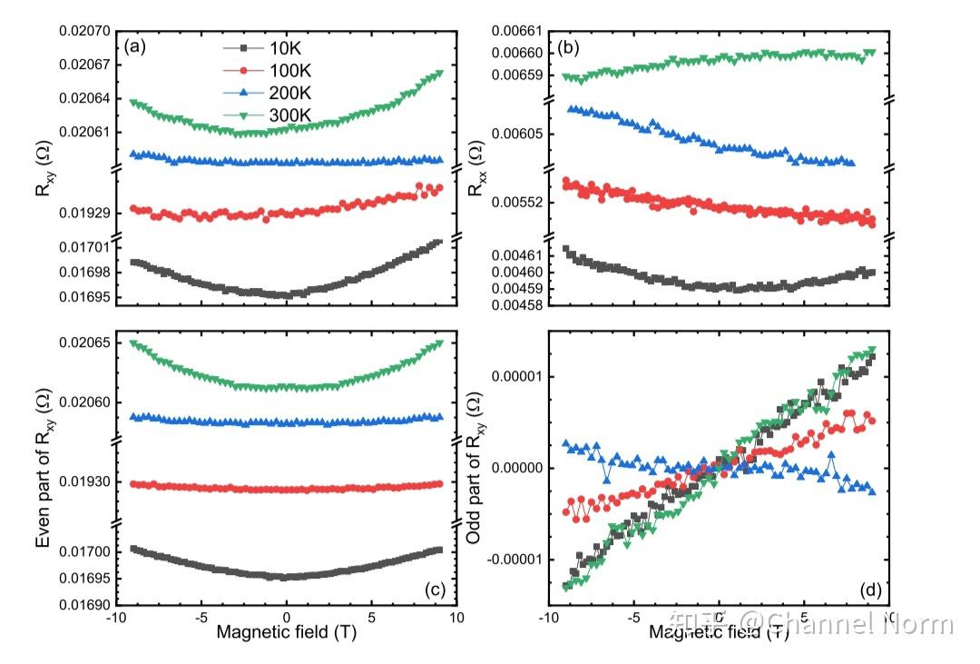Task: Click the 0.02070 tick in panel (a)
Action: click(x=84, y=31)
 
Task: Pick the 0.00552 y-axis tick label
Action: click(x=515, y=202)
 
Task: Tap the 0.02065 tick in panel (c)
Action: click(x=84, y=343)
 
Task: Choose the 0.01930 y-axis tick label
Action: click(x=84, y=482)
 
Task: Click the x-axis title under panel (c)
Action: click(x=286, y=634)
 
